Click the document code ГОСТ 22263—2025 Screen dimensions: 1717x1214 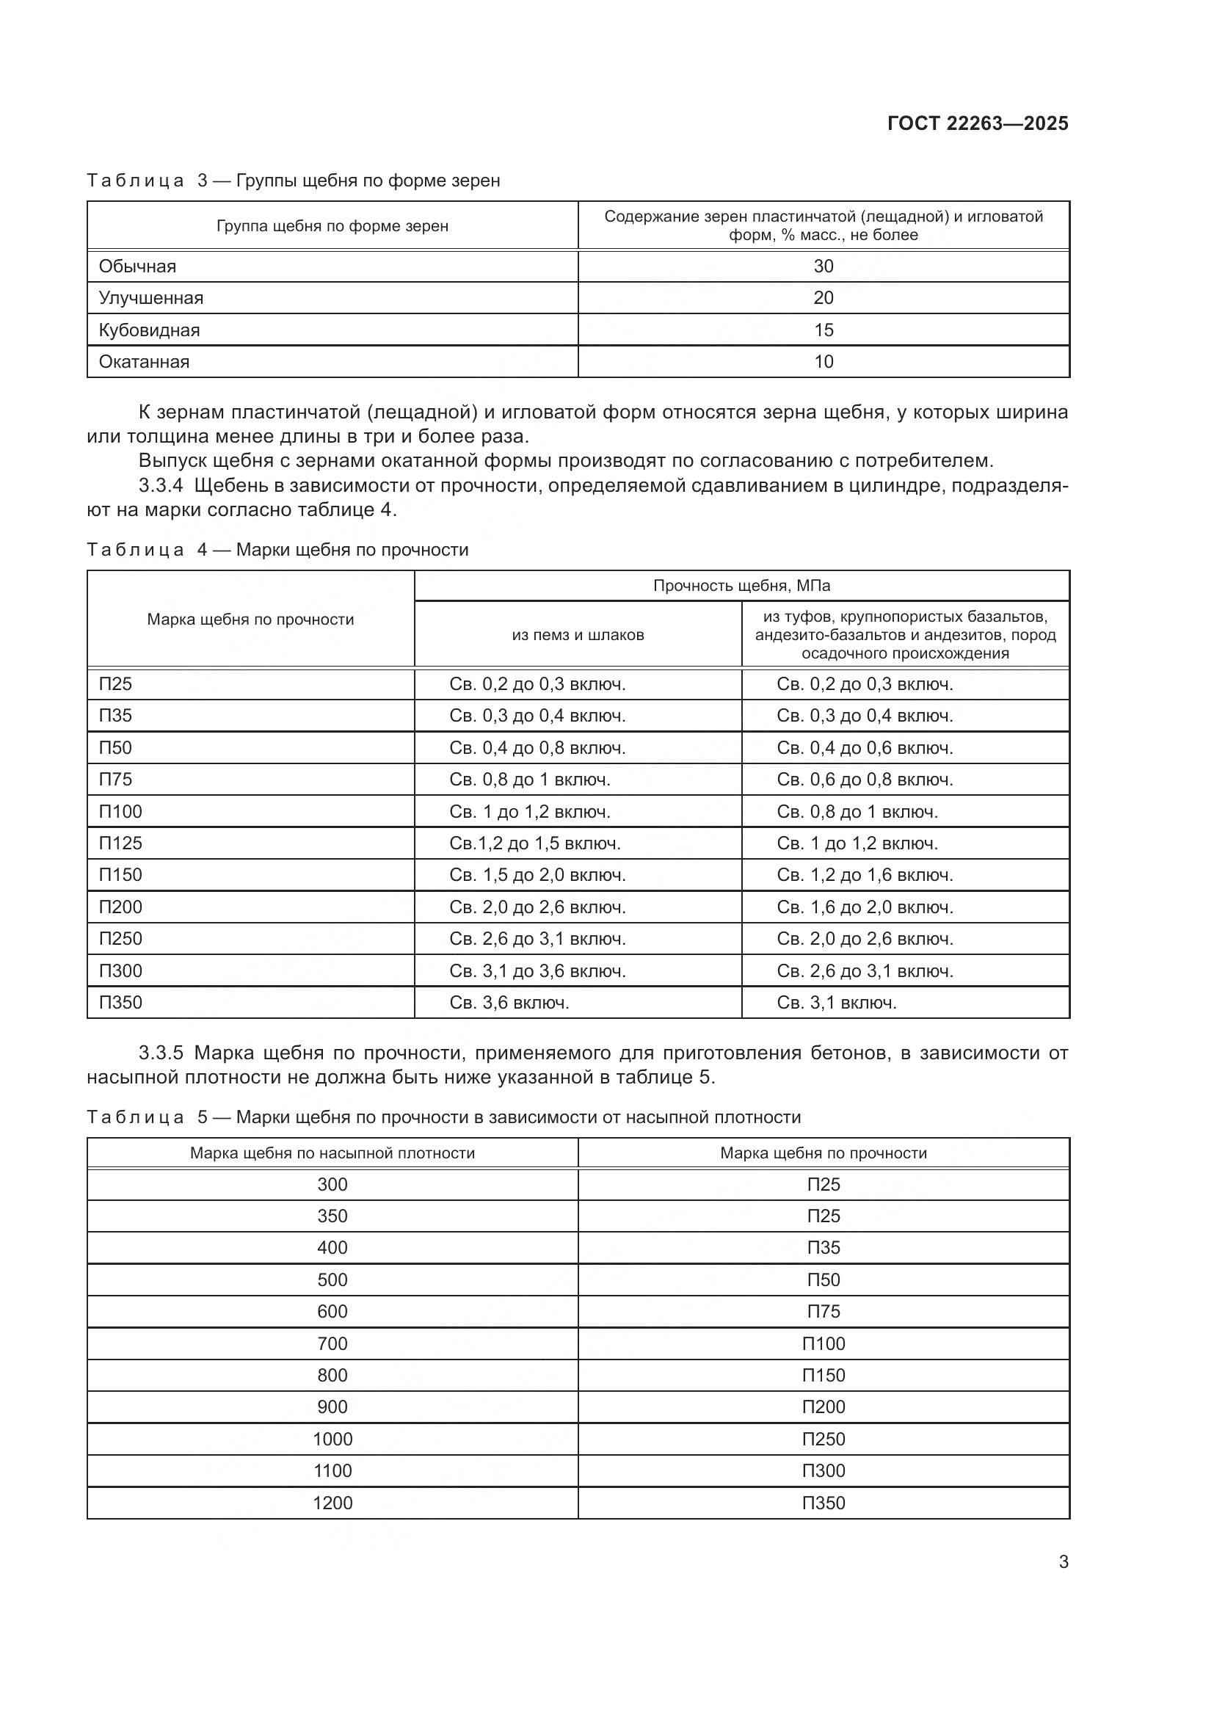pyautogui.click(x=977, y=124)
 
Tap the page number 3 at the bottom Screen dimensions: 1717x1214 pyautogui.click(x=1063, y=1562)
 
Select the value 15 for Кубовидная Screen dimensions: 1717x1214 pyautogui.click(x=823, y=330)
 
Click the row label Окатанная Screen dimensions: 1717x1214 pyautogui.click(x=145, y=362)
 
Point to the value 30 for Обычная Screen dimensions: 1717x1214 pyautogui.click(x=823, y=266)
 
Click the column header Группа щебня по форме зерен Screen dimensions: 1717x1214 pyautogui.click(x=332, y=226)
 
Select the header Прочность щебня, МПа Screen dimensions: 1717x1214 pyautogui.click(x=741, y=586)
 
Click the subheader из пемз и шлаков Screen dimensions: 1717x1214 pyautogui.click(x=577, y=635)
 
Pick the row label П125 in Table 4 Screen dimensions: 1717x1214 pyautogui.click(x=120, y=843)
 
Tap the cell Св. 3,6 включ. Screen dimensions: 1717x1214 pyautogui.click(x=509, y=1003)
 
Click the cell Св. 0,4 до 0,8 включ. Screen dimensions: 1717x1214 pyautogui.click(x=537, y=748)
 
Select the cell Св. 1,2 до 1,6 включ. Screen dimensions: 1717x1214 pyautogui.click(x=865, y=875)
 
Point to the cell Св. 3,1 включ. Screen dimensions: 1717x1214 pyautogui.click(x=837, y=1003)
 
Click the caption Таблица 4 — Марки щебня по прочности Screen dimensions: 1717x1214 pyautogui.click(x=277, y=550)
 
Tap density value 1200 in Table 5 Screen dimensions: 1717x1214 pyautogui.click(x=332, y=1503)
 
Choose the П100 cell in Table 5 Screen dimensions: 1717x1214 pyautogui.click(x=823, y=1344)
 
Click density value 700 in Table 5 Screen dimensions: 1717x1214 pyautogui.click(x=332, y=1344)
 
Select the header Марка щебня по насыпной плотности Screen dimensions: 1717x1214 pyautogui.click(x=332, y=1153)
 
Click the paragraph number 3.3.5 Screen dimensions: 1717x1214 pyautogui.click(x=161, y=1053)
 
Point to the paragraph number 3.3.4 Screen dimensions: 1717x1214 pyautogui.click(x=161, y=486)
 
